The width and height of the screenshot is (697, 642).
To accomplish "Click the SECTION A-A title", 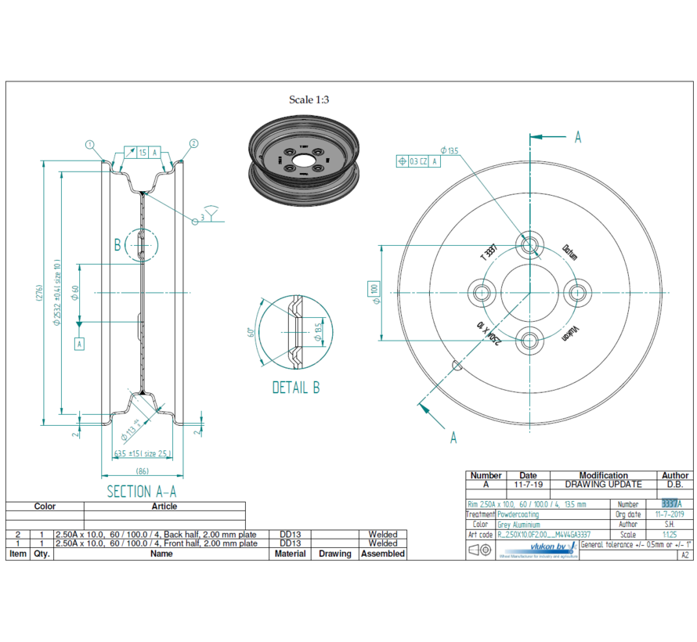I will [x=142, y=491].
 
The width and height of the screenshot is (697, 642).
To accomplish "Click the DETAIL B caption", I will [x=295, y=387].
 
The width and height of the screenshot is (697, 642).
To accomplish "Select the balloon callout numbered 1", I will [x=90, y=144].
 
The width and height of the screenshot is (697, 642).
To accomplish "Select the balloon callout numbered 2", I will [x=193, y=144].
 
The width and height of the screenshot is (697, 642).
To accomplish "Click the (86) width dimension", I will [x=142, y=470].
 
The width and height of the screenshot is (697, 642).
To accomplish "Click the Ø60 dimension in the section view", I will [x=76, y=293].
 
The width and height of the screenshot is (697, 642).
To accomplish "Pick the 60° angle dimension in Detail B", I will [x=251, y=335].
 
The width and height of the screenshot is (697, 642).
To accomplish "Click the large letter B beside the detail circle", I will [x=117, y=245].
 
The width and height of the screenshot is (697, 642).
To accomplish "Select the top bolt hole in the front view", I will [x=531, y=245].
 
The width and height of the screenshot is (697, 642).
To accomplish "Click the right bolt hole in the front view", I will [x=578, y=292].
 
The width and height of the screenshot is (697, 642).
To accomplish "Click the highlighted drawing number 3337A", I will [x=671, y=503].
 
